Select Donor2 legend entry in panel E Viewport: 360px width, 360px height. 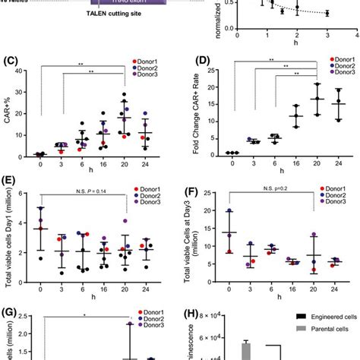pyautogui.click(x=150, y=196)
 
